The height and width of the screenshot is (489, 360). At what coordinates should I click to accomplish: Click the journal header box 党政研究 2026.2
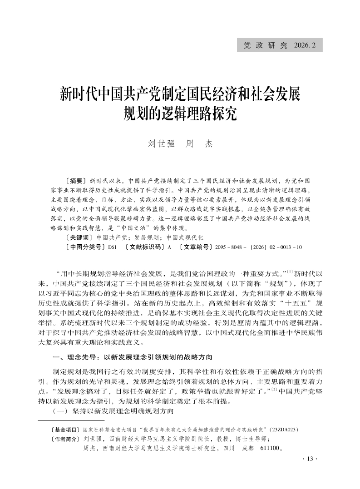tap(280, 45)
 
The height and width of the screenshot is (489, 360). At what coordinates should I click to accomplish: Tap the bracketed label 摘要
tap(76, 180)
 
